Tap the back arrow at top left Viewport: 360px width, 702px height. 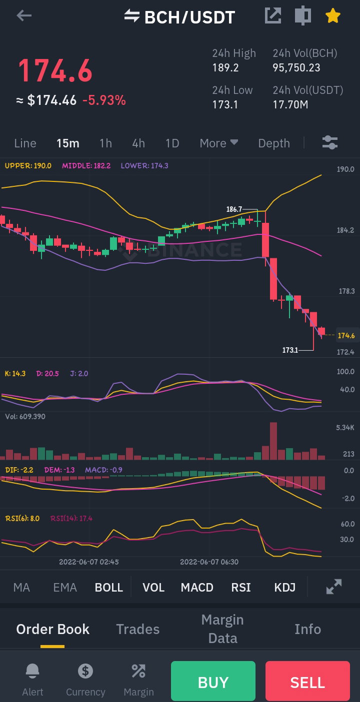[x=24, y=15]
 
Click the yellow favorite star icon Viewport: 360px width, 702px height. [x=332, y=15]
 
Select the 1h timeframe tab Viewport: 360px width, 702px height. [x=105, y=143]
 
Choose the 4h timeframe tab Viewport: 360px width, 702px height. [x=138, y=143]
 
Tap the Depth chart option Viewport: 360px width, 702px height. [x=274, y=143]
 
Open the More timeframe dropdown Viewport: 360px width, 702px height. [x=218, y=143]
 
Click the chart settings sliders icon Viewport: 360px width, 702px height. [x=330, y=142]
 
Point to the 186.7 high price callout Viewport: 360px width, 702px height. [x=234, y=209]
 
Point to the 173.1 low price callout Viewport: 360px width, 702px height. [x=290, y=350]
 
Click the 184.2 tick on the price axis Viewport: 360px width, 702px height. [x=345, y=230]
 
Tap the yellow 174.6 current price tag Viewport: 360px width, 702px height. [x=346, y=335]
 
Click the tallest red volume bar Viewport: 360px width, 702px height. [x=273, y=441]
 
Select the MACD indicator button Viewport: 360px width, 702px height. [x=197, y=587]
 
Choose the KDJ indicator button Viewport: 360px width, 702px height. [x=284, y=587]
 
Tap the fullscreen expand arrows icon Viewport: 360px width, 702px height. [x=333, y=587]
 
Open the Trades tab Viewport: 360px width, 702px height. [x=138, y=629]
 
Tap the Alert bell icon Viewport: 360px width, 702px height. [x=32, y=671]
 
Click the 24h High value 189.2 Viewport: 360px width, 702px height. [x=225, y=67]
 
